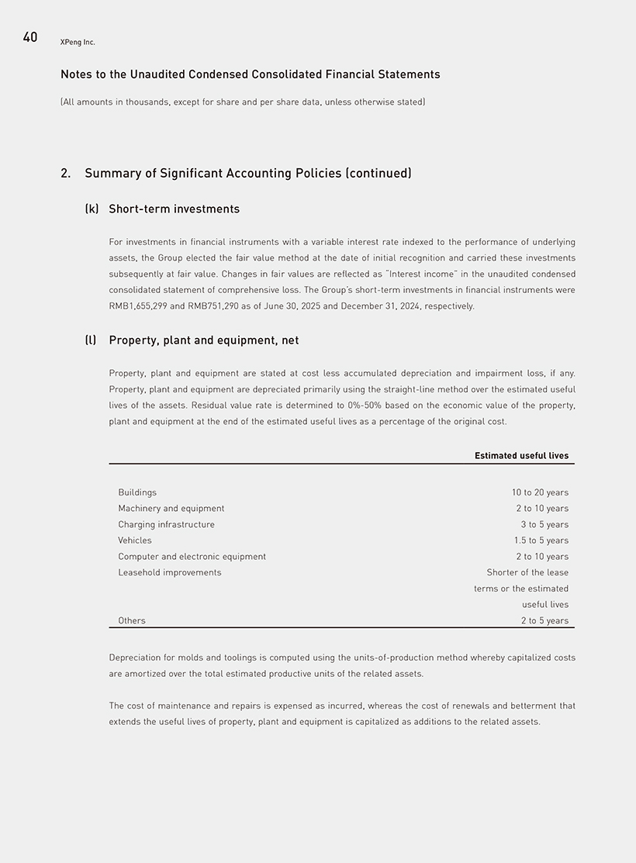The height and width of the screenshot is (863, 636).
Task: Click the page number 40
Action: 30,37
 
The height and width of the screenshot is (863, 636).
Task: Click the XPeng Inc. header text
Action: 78,42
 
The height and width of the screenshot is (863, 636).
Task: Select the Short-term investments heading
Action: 174,209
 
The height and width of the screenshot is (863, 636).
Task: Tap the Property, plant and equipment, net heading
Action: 203,340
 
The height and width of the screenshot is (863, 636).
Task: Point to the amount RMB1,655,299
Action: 139,306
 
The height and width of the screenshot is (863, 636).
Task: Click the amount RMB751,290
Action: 214,306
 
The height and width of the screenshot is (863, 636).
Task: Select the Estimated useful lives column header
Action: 521,456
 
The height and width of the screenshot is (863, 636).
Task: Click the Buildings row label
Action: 137,492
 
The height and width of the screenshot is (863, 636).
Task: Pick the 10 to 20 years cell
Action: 540,492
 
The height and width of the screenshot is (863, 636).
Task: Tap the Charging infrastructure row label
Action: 166,525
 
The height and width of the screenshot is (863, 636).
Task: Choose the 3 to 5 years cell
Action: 544,525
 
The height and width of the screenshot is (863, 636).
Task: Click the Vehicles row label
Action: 135,540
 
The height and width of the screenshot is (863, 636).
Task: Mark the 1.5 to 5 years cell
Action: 541,540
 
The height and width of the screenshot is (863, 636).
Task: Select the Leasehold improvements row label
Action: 169,573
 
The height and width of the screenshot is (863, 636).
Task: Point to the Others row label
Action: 132,621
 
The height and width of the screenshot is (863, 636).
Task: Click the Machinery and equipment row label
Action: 171,509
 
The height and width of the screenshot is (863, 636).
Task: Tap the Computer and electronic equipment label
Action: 192,557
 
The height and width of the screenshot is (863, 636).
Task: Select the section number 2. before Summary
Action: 65,174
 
